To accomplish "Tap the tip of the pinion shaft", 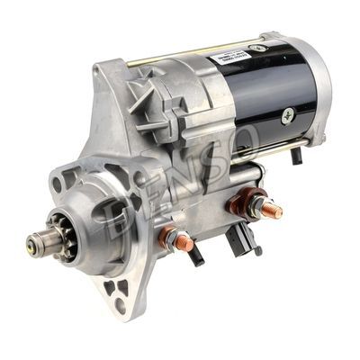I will pos(33,241).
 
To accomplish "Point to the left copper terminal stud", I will pos(176,240).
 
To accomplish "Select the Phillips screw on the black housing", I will pos(288,114).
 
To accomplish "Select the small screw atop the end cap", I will pos(266,37).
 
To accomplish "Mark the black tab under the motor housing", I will pos(297,155).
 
